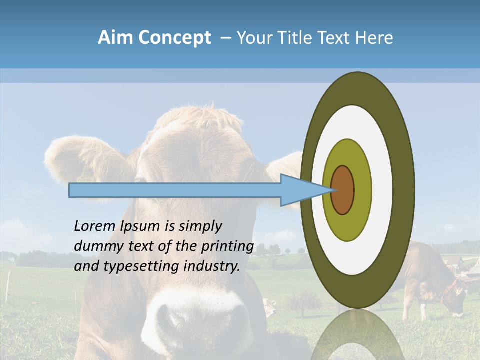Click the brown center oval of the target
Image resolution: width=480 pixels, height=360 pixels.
click(342, 190)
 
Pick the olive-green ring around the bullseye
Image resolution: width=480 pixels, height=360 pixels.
click(347, 227)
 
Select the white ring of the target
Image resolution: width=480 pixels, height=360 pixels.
click(357, 260)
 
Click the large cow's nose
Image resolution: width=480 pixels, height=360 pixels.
click(200, 320)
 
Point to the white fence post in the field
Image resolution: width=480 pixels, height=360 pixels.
click(8, 287)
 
